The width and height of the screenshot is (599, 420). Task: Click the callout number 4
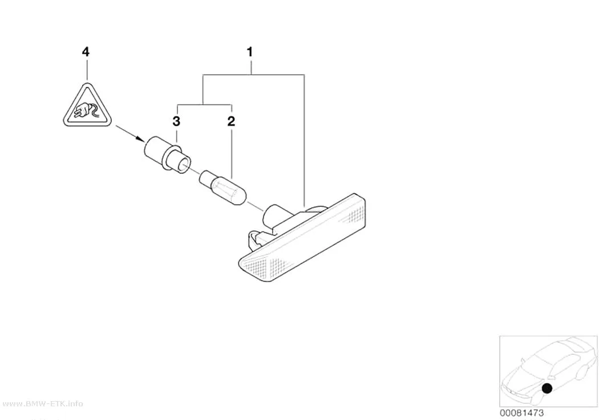click(86, 51)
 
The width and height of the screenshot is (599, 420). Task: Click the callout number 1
click(250, 51)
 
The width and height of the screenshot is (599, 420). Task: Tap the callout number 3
click(176, 121)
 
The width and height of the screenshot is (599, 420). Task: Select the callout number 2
click(231, 121)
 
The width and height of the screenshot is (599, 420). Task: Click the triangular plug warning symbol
click(87, 106)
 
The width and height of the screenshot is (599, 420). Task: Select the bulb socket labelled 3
click(168, 155)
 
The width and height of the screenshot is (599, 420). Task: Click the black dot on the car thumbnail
click(547, 388)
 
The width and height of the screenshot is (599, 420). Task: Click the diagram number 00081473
click(521, 413)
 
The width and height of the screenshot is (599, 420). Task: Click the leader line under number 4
click(87, 69)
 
